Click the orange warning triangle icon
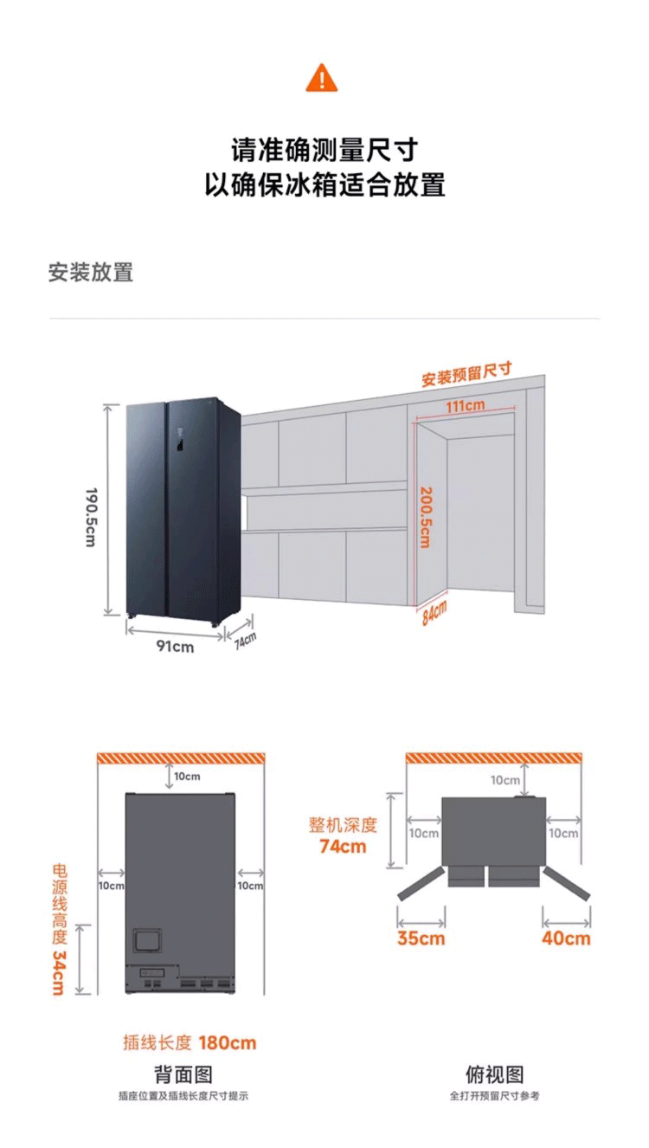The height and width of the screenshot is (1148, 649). click(322, 78)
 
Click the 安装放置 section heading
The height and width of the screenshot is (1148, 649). click(91, 272)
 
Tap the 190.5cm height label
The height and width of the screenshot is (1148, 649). click(92, 516)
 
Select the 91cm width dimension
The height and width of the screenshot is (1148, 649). click(175, 647)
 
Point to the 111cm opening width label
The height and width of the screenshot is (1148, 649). click(465, 405)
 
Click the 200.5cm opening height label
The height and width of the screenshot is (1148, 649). click(425, 516)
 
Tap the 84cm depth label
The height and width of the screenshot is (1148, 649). click(434, 613)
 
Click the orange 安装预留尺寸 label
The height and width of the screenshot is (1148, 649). click(466, 374)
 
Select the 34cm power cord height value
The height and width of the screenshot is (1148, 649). click(58, 972)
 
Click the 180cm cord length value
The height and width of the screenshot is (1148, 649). click(228, 1042)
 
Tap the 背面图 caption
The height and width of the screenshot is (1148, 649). click(183, 1074)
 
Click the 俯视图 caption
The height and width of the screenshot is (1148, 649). click(494, 1074)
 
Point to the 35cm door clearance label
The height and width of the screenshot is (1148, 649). click(421, 938)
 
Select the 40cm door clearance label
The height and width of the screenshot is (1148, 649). click(567, 938)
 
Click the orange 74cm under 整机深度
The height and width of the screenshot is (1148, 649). click(343, 846)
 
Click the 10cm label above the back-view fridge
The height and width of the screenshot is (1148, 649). click(187, 777)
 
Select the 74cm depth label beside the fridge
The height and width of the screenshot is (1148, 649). click(245, 640)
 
